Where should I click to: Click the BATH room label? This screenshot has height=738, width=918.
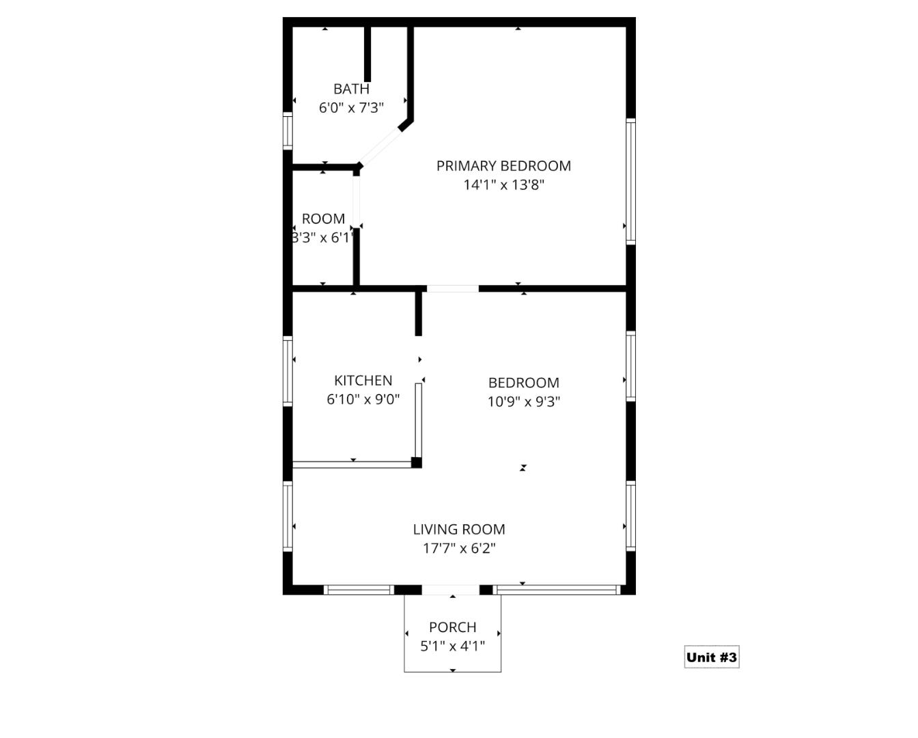pyautogui.click(x=351, y=89)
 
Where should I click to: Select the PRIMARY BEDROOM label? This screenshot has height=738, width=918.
pyautogui.click(x=503, y=166)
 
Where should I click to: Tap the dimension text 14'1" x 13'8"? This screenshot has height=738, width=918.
pyautogui.click(x=503, y=184)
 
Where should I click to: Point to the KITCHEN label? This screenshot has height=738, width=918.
pyautogui.click(x=363, y=381)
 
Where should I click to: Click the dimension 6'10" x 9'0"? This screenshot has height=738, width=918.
pyautogui.click(x=363, y=399)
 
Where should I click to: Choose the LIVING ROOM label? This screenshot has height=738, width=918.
pyautogui.click(x=459, y=529)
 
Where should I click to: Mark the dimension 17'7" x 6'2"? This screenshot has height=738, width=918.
pyautogui.click(x=459, y=548)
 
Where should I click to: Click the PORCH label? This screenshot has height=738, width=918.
pyautogui.click(x=452, y=627)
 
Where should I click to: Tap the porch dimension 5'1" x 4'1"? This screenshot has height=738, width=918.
pyautogui.click(x=452, y=646)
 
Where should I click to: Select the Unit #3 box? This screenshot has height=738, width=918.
pyautogui.click(x=711, y=657)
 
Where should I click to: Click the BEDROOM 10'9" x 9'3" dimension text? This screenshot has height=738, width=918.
pyautogui.click(x=523, y=401)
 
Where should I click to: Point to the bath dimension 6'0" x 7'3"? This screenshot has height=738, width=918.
pyautogui.click(x=351, y=107)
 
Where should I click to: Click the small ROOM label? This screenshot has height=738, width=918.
pyautogui.click(x=323, y=219)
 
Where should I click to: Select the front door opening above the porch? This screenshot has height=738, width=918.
pyautogui.click(x=451, y=590)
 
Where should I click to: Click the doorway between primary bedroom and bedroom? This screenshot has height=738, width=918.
pyautogui.click(x=452, y=288)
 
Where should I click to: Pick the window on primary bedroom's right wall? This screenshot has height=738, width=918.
pyautogui.click(x=631, y=181)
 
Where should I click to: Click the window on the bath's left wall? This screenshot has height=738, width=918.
pyautogui.click(x=288, y=131)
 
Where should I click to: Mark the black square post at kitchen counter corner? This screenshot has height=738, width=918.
pyautogui.click(x=417, y=463)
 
